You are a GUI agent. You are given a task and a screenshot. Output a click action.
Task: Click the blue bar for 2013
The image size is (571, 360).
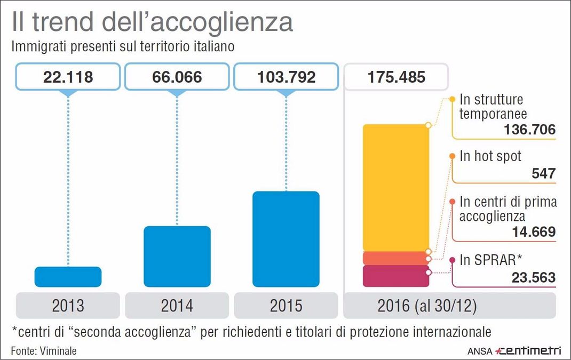pos(68,276)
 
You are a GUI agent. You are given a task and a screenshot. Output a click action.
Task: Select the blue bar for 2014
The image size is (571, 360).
pos(177,256)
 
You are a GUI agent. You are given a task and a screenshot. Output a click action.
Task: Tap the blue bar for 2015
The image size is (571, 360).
pos(286,238)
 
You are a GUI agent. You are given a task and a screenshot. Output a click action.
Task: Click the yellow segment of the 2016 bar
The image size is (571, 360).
pos(396,187)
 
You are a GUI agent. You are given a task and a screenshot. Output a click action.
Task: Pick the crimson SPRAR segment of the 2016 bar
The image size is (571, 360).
pos(396,276)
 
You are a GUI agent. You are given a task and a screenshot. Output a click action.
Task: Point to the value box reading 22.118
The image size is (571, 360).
pos(68,77)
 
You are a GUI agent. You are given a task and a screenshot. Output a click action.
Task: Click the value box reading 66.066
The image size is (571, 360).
pos(177,77)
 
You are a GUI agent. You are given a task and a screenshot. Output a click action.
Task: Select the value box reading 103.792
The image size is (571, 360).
pos(286,77)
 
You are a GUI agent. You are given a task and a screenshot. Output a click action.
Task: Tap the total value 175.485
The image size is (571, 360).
pos(395,77)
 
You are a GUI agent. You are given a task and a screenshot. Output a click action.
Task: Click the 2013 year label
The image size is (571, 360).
pos(68,306)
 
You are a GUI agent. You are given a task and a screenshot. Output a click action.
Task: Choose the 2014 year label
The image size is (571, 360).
pos(177,306)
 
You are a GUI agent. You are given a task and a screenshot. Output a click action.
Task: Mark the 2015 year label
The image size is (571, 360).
pos(286,306)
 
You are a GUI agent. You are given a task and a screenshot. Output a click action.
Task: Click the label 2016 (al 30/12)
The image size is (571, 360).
pos(427,306)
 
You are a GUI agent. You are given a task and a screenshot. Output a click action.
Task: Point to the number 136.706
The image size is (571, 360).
pos(529,129)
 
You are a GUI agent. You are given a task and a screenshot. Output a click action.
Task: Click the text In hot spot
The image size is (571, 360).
pos(490,156)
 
